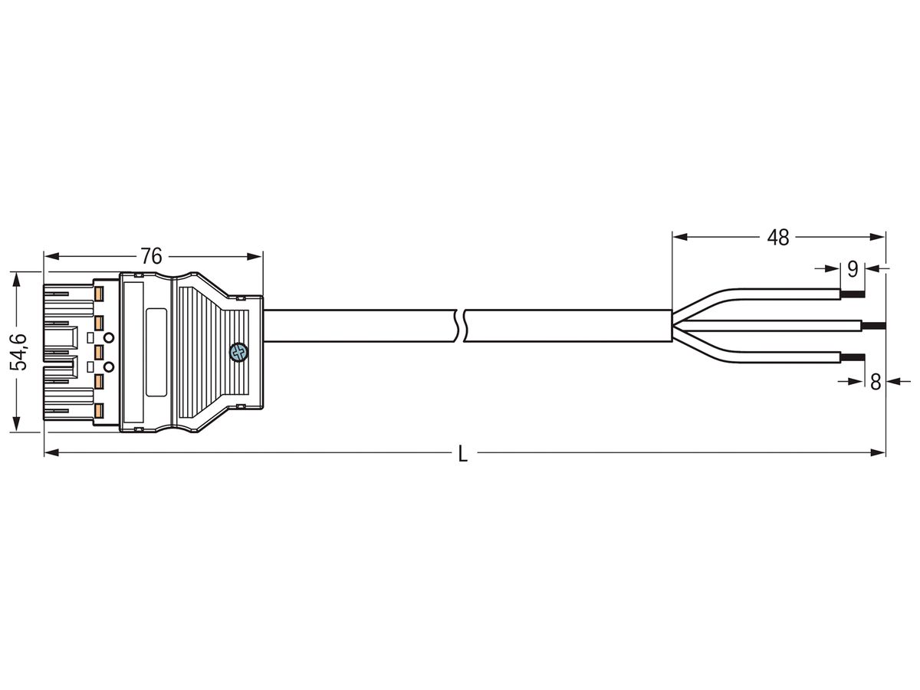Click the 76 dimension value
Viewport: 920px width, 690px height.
[151, 256]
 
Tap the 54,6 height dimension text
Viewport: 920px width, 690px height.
[20, 352]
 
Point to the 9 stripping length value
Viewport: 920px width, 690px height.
[852, 269]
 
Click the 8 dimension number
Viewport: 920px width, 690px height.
[876, 381]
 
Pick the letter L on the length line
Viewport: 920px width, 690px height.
[462, 454]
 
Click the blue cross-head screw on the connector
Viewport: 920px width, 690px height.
[238, 352]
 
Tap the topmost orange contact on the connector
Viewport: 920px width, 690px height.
[99, 292]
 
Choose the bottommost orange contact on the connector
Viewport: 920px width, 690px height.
[99, 412]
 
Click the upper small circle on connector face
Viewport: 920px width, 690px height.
[109, 337]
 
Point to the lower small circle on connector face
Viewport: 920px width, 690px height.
[109, 366]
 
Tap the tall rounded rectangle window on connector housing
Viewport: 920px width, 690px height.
[156, 352]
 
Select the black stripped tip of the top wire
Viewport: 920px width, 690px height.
[853, 293]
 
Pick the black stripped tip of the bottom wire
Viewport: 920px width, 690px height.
[853, 356]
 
